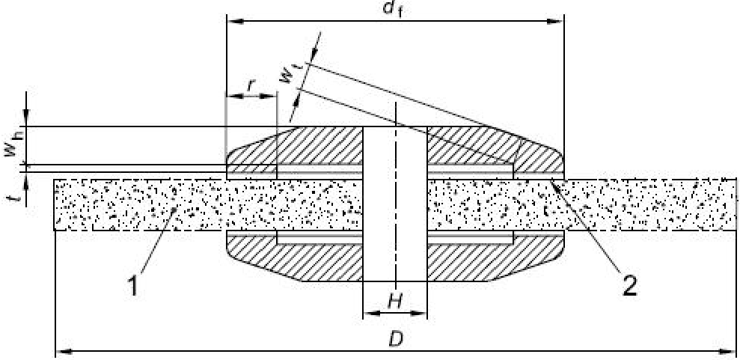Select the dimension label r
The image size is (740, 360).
pos(251,85)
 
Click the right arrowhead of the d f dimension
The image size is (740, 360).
pos(558,21)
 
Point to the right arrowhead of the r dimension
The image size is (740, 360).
pos(272,97)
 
